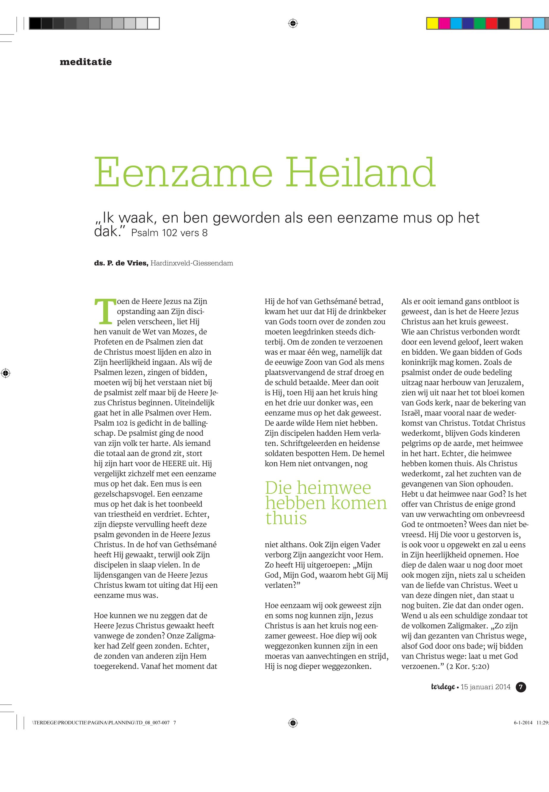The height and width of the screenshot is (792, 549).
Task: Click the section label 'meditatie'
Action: (86, 62)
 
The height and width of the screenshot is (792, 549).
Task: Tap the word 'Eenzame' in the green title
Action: (183, 172)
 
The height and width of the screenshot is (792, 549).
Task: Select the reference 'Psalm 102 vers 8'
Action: (169, 233)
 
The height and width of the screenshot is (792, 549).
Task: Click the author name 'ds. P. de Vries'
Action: (121, 263)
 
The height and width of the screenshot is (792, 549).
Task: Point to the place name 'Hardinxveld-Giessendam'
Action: (192, 263)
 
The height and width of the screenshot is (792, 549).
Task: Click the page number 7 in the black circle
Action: (521, 687)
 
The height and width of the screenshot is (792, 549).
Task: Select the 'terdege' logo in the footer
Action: (443, 687)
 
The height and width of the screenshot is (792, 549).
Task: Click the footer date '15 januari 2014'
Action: (485, 687)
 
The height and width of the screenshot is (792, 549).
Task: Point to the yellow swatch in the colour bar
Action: (432, 24)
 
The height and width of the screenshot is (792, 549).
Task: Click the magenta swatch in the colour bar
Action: (444, 24)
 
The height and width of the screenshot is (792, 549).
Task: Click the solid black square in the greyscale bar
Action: (35, 24)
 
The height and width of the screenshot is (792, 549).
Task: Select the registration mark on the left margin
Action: (6, 373)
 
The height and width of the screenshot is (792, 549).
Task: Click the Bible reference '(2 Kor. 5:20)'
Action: (467, 666)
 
